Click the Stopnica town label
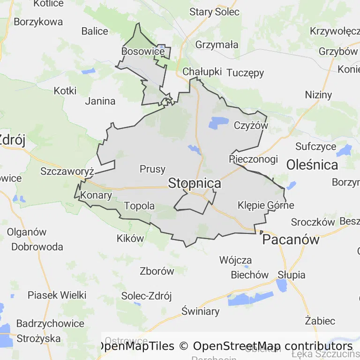coord(194,183)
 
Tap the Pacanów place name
coord(291,240)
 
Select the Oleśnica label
coord(312,165)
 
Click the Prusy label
coord(152,169)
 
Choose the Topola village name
coord(139,206)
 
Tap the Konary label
coord(96,195)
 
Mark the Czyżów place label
coord(250,126)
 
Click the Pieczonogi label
coord(253,159)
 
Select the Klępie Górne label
coord(266,205)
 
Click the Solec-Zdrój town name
coord(146,296)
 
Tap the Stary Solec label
coord(214,12)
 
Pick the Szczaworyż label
coord(67,171)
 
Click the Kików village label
coord(130,238)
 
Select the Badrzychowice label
coord(50,323)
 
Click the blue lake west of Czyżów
coord(218,122)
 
